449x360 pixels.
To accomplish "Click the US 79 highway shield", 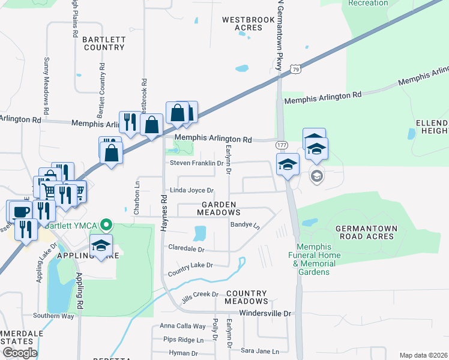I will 295,70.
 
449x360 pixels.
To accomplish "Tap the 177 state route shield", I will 281,146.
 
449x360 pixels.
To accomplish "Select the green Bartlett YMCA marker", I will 107,225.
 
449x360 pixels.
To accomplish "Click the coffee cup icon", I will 19,211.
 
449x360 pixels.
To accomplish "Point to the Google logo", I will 20,352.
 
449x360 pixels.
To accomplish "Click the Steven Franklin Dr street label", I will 196,163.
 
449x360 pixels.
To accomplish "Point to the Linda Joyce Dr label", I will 192,190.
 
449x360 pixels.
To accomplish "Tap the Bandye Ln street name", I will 244,226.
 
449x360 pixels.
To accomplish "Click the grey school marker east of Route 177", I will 316,176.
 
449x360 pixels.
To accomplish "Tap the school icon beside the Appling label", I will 101,245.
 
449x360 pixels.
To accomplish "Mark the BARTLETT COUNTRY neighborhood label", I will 104,43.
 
